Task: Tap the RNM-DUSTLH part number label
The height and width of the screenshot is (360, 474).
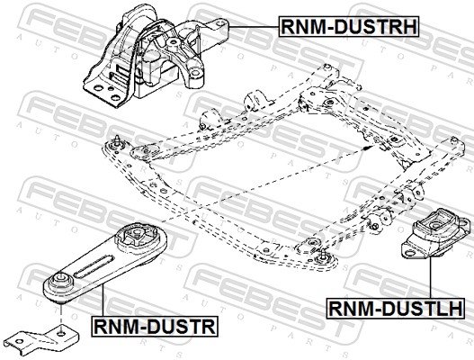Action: click(x=396, y=310)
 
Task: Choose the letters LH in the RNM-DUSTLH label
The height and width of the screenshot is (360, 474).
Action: click(x=448, y=310)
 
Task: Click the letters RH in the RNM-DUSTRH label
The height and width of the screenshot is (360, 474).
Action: click(x=402, y=27)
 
